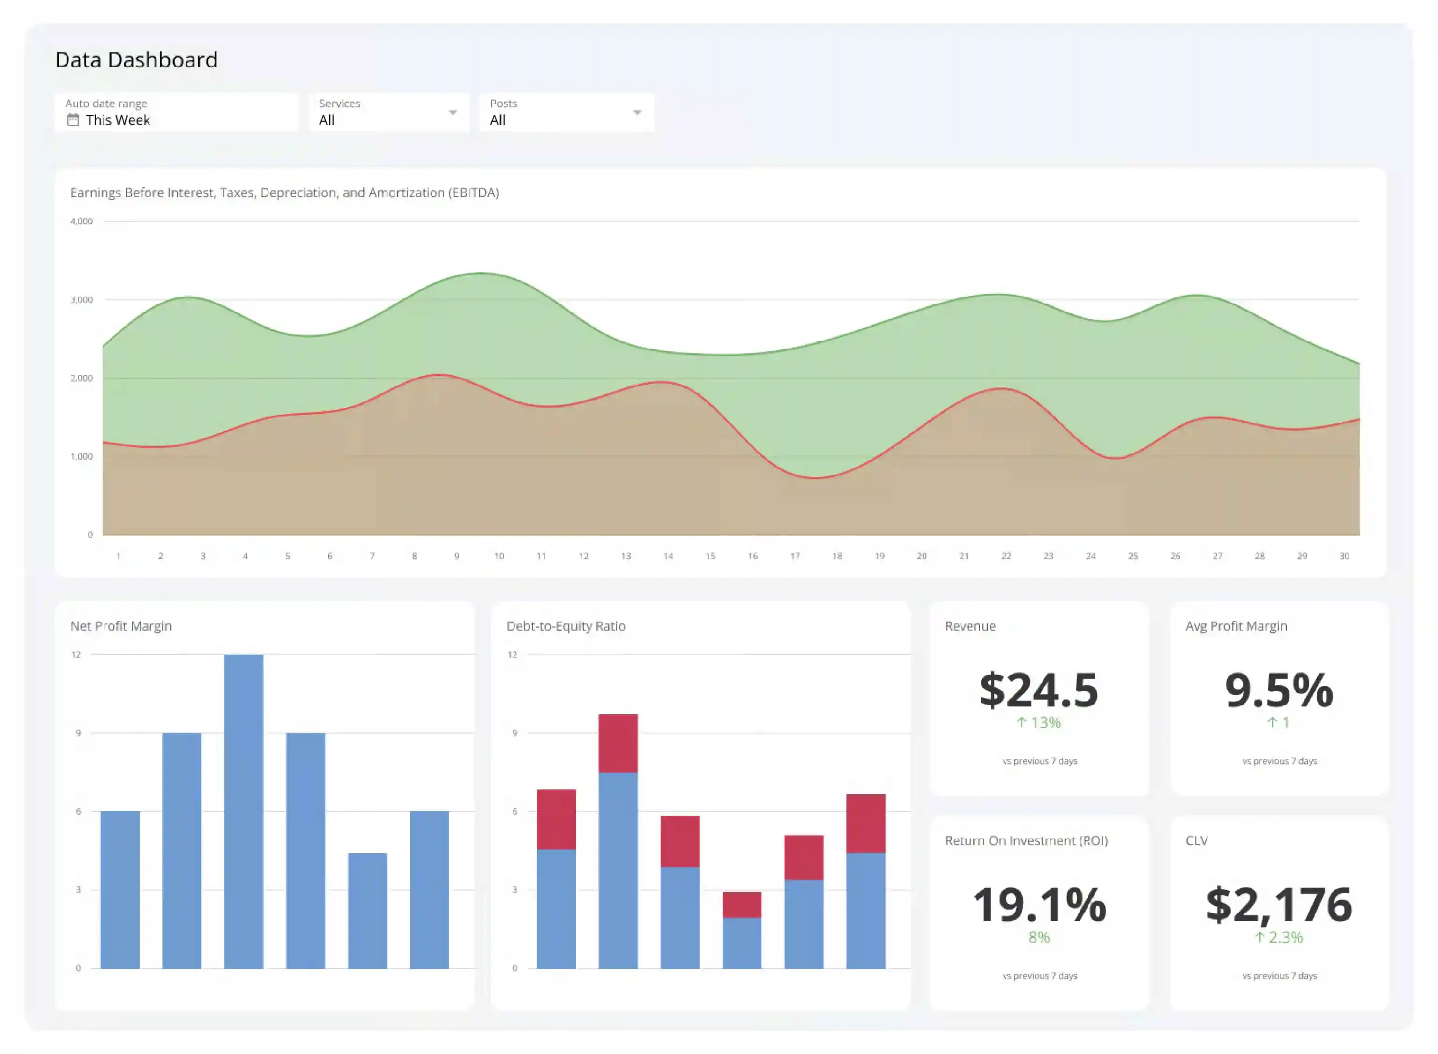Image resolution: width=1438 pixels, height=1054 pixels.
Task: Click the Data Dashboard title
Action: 136,60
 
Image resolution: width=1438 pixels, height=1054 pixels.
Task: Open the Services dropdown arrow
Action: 452,113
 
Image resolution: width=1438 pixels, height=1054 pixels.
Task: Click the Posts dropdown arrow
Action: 637,113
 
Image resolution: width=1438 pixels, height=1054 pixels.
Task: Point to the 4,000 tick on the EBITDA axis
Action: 81,222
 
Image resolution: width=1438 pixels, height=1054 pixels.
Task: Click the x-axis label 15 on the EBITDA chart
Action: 710,557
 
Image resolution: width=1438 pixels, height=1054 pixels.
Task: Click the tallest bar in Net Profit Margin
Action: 244,810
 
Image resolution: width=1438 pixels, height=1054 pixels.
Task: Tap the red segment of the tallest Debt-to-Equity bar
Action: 618,743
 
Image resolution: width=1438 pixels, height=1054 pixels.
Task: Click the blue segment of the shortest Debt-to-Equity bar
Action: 741,943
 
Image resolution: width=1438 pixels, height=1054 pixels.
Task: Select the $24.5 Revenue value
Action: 1039,690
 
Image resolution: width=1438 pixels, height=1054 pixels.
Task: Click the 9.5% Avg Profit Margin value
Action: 1279,690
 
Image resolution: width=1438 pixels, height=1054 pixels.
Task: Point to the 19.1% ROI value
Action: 1039,905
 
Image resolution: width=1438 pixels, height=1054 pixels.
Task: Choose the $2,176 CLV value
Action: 1279,905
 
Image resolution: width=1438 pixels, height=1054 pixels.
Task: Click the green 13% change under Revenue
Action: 1039,723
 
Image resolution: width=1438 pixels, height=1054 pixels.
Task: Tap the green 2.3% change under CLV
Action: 1279,937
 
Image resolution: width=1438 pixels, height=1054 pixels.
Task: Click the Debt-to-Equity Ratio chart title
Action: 565,626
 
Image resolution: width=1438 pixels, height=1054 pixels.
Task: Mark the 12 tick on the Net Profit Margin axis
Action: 76,654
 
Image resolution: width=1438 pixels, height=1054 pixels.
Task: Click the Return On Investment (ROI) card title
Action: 1026,841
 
